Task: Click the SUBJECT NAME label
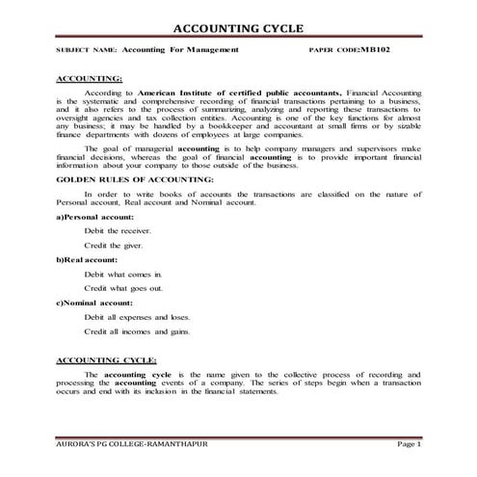coord(88,49)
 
